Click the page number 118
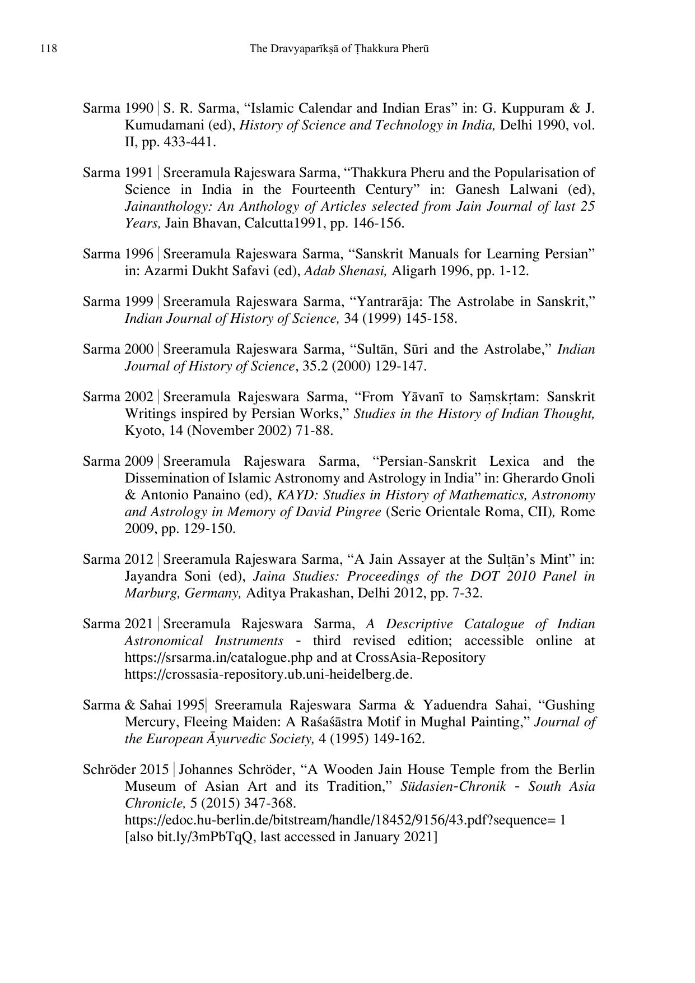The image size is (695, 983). [49, 49]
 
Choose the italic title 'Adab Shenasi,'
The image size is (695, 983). [346, 271]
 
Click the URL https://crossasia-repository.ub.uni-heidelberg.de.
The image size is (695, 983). [268, 674]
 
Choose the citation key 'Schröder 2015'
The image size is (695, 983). [126, 769]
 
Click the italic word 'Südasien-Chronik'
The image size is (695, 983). [453, 786]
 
